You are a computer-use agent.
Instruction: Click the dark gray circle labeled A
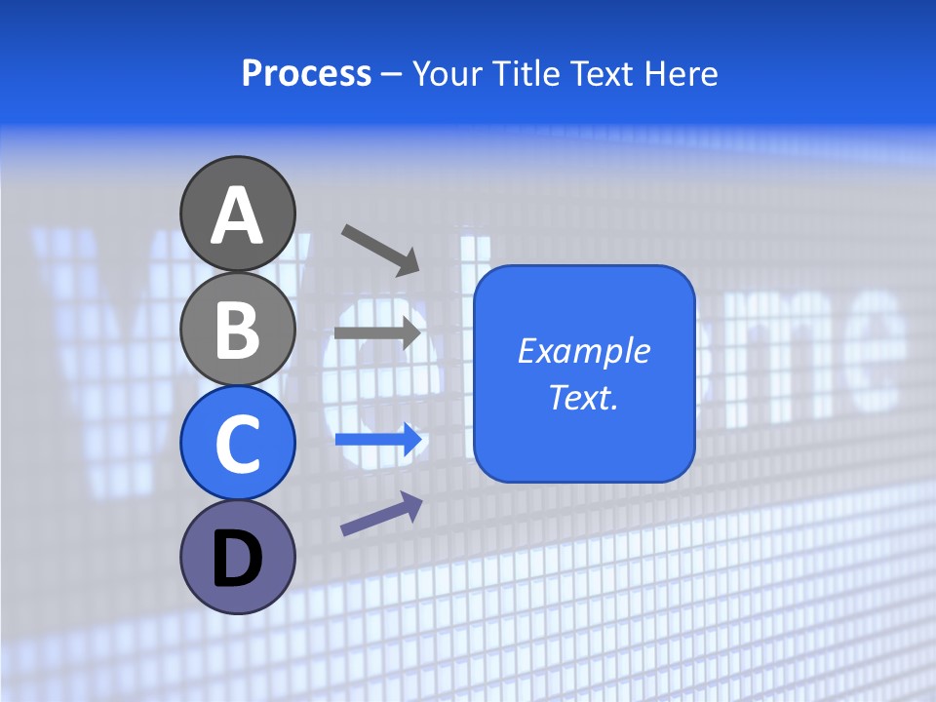(238, 214)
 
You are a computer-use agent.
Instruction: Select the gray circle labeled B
(238, 329)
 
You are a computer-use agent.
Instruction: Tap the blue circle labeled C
(238, 443)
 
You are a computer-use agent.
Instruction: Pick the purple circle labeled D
(238, 557)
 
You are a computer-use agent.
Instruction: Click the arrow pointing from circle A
(380, 249)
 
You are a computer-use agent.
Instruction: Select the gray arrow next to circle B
(377, 332)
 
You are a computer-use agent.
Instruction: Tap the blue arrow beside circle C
(378, 440)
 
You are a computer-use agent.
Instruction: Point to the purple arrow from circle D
(381, 514)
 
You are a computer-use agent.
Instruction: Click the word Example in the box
(584, 351)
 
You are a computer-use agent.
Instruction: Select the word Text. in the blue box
(584, 397)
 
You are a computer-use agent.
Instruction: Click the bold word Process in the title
(306, 73)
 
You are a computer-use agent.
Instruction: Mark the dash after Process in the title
(392, 74)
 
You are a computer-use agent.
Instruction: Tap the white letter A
(238, 215)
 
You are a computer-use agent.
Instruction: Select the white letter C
(238, 445)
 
